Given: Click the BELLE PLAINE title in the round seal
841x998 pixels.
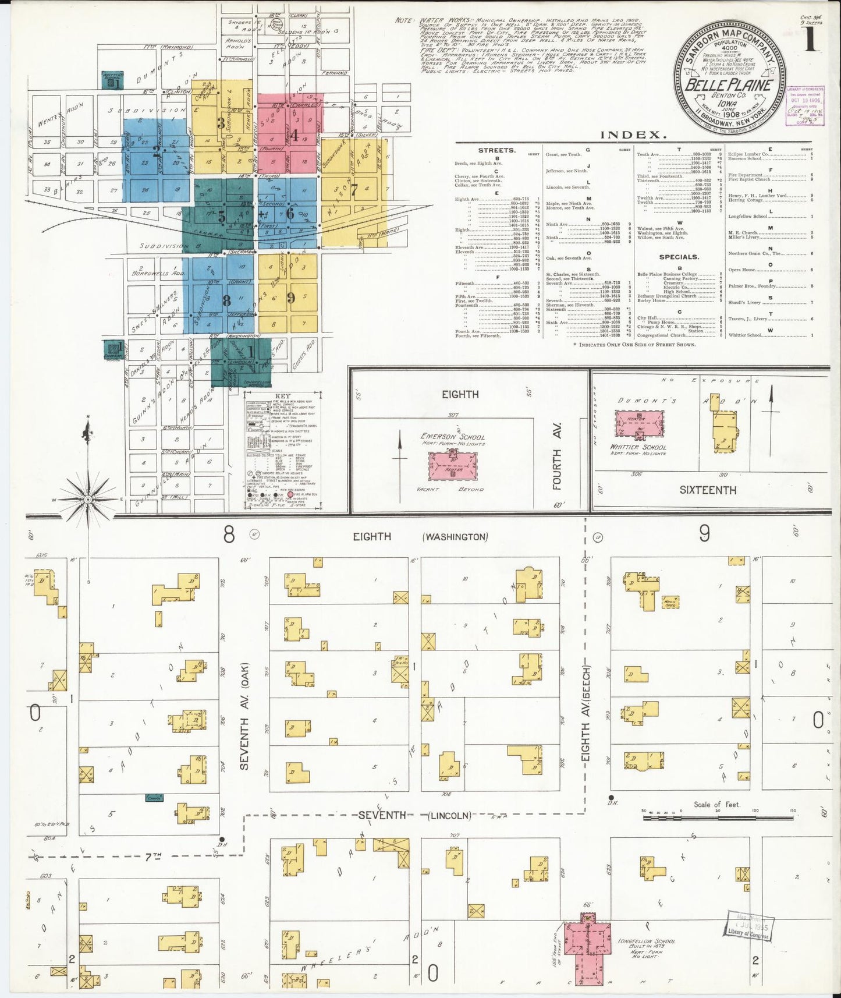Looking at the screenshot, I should (x=728, y=84).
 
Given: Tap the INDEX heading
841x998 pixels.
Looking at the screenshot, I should (x=633, y=135).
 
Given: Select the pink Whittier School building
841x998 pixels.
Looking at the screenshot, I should (x=640, y=423).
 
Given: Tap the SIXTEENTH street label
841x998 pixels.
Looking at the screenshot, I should (x=708, y=490).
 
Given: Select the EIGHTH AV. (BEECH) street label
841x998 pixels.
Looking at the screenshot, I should (x=586, y=714).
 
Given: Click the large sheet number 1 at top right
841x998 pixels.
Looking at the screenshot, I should (x=811, y=43).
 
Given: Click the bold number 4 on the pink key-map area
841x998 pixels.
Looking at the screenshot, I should (x=294, y=136).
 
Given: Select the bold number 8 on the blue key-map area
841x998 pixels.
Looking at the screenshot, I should (x=227, y=300).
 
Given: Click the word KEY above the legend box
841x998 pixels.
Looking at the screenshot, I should (x=282, y=397).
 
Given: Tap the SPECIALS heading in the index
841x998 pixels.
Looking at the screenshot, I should (x=679, y=257).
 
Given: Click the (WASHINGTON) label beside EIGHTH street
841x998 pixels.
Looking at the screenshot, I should (x=455, y=537).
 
